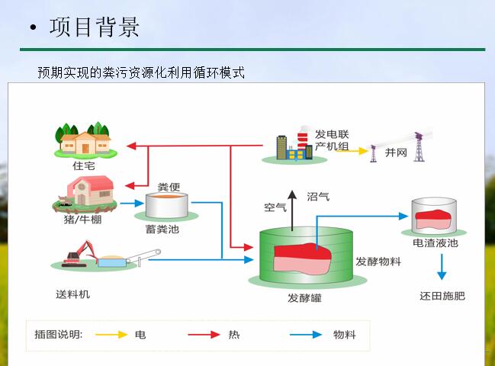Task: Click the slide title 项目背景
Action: coord(94,27)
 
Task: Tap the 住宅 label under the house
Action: coord(84,166)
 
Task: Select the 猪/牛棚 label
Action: coord(82,219)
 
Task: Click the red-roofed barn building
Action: coord(90,191)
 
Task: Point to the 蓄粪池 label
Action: coord(162,229)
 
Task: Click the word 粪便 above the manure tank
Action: coord(169,187)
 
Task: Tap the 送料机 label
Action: coord(73,294)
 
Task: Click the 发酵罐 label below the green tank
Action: coord(304,298)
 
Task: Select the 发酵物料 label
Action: coord(378,262)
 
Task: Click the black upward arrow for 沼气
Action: coord(292,210)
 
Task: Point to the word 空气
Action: coord(275,207)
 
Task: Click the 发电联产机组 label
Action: coord(332,140)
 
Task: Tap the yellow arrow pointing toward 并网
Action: coord(352,151)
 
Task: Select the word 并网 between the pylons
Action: coord(396,152)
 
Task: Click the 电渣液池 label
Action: coord(436,243)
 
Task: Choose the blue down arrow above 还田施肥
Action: coord(442,267)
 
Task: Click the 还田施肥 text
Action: coord(442,296)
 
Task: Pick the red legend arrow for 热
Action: coord(204,335)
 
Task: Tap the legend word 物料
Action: coord(345,335)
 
